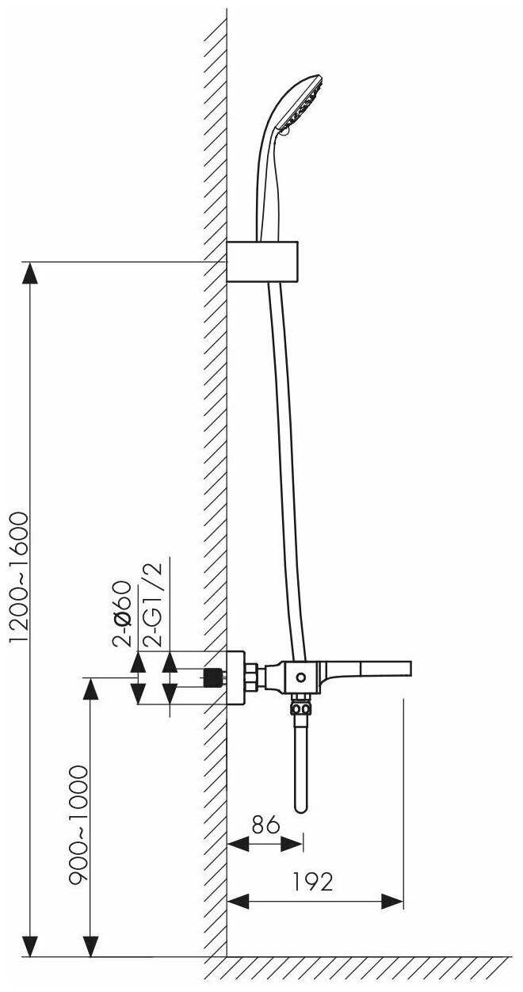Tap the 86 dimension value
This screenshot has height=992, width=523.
coord(265,824)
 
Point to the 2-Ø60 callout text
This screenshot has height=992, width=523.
coord(122,619)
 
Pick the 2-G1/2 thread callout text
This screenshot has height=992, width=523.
coord(153,604)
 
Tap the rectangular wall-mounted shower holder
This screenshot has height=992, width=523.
coord(262,261)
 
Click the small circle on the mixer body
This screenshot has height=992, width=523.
coord(300,677)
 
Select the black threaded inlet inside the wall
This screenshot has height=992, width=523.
coord(212,678)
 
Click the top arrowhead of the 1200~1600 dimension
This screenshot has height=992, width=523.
coord(29,273)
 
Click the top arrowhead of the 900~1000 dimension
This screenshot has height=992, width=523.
coord(91,689)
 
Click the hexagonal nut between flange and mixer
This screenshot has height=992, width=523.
coord(250,677)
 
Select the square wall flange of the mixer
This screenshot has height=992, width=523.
coord(235,677)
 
